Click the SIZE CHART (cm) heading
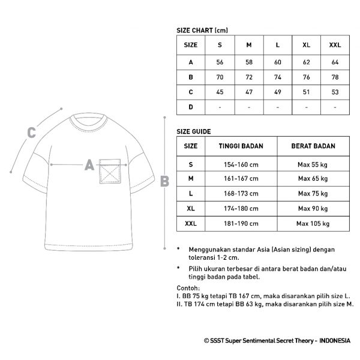pyautogui.click(x=202, y=29)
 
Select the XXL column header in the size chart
pyautogui.click(x=335, y=44)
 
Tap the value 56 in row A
pyautogui.click(x=220, y=62)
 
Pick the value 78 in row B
pyautogui.click(x=335, y=77)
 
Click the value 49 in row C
pyautogui.click(x=278, y=92)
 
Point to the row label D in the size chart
pyautogui.click(x=190, y=107)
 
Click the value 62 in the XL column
pyautogui.click(x=307, y=62)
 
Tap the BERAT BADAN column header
pyautogui.click(x=313, y=145)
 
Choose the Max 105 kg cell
pyautogui.click(x=313, y=224)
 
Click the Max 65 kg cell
pyautogui.click(x=313, y=179)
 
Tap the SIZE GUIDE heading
pyautogui.click(x=193, y=130)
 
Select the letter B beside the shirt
pyautogui.click(x=164, y=180)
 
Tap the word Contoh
pyautogui.click(x=190, y=289)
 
